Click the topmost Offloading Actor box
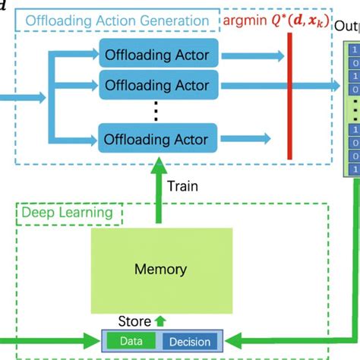click(159, 55)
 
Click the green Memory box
click(160, 269)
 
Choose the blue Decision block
click(190, 341)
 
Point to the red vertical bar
click(289, 95)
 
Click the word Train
click(184, 186)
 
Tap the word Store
click(134, 321)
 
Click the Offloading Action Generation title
click(118, 21)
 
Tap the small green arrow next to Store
click(159, 321)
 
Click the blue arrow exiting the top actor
click(250, 55)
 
